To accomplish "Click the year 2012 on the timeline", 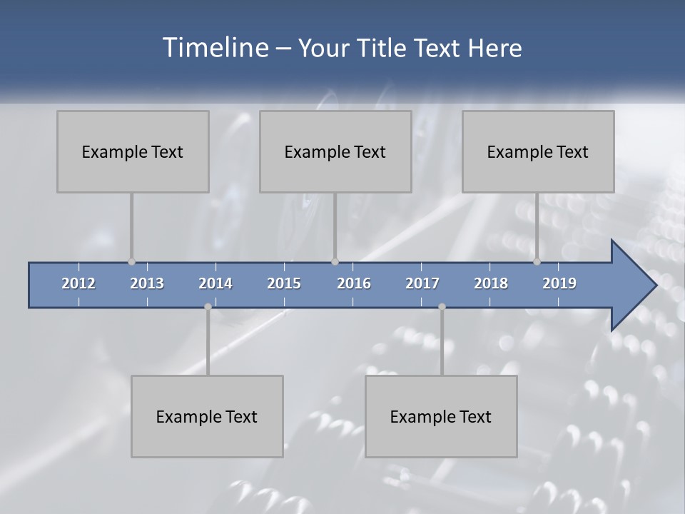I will tap(78, 283).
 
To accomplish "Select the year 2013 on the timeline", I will tap(147, 283).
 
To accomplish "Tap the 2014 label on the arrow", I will tap(215, 283).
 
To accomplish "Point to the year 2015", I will tap(284, 283).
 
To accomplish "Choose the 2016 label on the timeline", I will tap(354, 283).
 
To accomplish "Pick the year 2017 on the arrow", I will tap(422, 283).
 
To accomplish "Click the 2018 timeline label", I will tap(491, 283).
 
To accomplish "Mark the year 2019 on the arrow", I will tap(559, 283).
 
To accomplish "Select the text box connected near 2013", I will tap(133, 151).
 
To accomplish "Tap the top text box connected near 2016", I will tap(335, 151).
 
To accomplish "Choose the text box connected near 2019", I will tap(538, 151).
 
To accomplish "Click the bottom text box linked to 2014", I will tap(207, 416).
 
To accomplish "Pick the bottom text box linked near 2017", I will tap(441, 416).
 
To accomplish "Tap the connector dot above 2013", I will tap(131, 261).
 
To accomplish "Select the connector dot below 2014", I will tap(208, 307).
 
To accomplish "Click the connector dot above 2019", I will tap(537, 261).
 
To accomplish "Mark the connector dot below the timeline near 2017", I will tap(442, 307).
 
